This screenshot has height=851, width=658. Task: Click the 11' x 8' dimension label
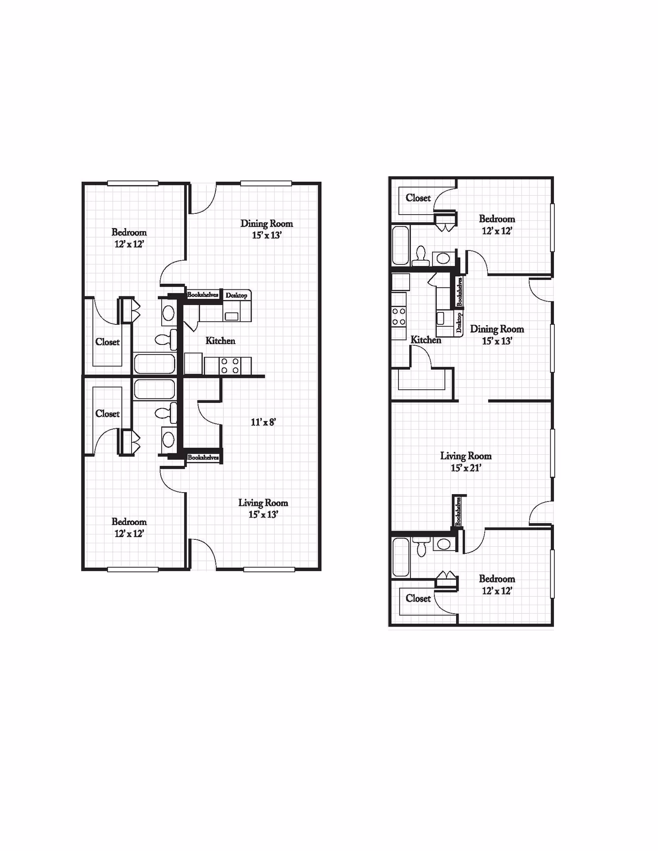click(263, 422)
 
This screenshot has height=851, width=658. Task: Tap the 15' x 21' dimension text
click(466, 468)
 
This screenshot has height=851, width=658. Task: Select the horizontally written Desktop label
click(236, 295)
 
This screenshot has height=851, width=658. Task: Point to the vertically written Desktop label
click(459, 323)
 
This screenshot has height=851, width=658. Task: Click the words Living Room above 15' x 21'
click(466, 456)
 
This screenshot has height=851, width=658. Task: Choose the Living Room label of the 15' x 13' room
click(263, 503)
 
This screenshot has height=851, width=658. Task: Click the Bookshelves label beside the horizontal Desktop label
click(203, 294)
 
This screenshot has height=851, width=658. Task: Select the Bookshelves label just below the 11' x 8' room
click(203, 457)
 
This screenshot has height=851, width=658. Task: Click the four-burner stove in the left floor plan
click(230, 366)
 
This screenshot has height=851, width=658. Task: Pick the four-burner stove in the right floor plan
click(399, 317)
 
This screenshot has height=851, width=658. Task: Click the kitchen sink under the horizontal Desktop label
click(232, 316)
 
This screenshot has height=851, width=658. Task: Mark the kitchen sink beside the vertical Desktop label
click(440, 318)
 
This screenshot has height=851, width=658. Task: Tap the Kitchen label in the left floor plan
click(220, 340)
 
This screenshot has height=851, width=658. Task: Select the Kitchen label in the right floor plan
click(426, 340)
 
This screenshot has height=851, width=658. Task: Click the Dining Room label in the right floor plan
click(497, 329)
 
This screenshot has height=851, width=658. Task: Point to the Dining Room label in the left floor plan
click(267, 224)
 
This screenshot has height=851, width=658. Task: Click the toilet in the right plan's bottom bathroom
click(421, 546)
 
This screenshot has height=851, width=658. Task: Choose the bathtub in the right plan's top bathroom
click(401, 245)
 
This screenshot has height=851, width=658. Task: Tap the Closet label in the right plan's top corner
click(418, 198)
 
